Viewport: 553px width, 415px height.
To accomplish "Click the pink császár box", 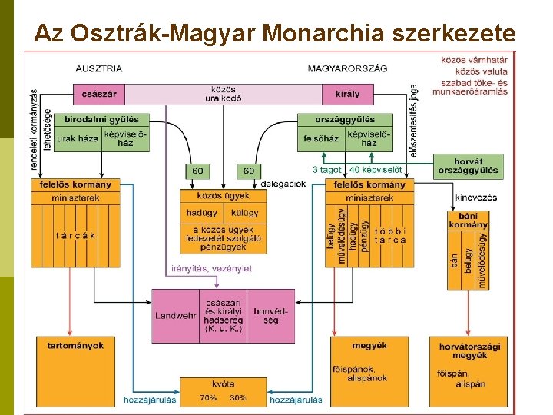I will [x=99, y=95].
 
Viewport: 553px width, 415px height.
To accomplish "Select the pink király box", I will [x=346, y=95].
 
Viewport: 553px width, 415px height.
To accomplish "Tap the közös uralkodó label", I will [x=223, y=94].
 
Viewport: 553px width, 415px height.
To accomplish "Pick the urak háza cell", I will [x=78, y=138].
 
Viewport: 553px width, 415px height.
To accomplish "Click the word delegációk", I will [x=283, y=184].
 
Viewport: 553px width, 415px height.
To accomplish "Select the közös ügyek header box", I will [x=223, y=197].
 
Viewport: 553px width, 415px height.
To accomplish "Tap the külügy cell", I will [x=245, y=213].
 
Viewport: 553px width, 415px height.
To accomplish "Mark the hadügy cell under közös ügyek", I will [x=201, y=213].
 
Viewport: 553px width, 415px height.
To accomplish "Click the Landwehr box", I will [x=175, y=316].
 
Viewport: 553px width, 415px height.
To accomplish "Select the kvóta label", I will [x=223, y=383].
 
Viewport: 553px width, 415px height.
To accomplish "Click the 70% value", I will [x=207, y=398].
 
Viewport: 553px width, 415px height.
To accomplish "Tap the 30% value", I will [x=238, y=398].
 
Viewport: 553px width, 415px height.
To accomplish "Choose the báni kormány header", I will [x=467, y=221].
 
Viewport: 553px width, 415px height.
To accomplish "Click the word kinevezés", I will [x=475, y=198].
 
